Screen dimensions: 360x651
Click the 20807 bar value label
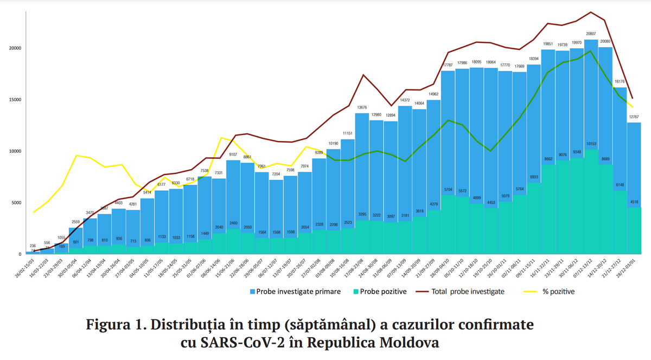click(591, 34)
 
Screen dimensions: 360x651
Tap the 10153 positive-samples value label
click(591, 144)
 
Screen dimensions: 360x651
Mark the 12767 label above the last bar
click(634, 117)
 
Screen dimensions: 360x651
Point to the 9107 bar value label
click(233, 155)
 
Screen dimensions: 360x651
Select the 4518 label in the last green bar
click(634, 202)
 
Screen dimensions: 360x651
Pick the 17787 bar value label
click(448, 65)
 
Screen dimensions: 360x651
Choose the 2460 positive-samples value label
click(233, 223)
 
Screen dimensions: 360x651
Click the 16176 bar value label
click(620, 82)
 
